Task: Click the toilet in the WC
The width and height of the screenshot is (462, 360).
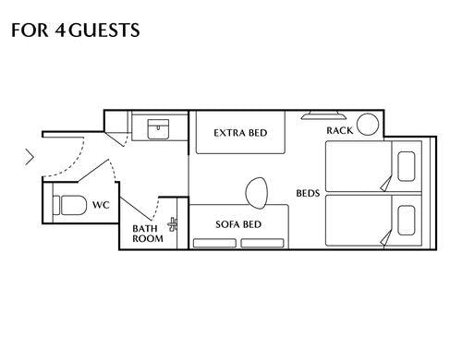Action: [x=69, y=205]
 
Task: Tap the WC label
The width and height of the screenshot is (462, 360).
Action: [x=101, y=205]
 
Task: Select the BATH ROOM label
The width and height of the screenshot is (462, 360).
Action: [x=148, y=234]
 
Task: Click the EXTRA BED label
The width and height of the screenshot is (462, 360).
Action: [x=240, y=133]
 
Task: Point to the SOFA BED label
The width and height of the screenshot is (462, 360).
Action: [x=238, y=224]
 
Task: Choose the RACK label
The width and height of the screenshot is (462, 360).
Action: [x=340, y=130]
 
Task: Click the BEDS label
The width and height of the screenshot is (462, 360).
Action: [x=308, y=193]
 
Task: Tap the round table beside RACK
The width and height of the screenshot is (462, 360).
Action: [x=368, y=125]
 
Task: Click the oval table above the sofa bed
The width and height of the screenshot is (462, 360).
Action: [x=256, y=193]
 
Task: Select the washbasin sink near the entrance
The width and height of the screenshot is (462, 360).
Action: [x=158, y=129]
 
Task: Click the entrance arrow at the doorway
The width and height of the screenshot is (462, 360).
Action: [x=30, y=157]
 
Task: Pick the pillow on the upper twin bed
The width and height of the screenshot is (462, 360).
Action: [x=407, y=166]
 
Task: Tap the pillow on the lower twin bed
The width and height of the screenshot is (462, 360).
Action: [x=407, y=221]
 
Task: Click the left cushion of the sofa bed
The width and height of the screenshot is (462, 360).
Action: [x=214, y=243]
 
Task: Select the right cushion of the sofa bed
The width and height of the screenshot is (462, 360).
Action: [x=262, y=243]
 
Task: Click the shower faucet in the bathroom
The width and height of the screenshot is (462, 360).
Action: [x=173, y=224]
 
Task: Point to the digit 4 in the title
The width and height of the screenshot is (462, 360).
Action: [x=61, y=30]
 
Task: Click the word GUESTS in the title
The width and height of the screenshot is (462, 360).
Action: [x=104, y=30]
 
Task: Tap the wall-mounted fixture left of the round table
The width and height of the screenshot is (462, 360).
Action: [x=323, y=114]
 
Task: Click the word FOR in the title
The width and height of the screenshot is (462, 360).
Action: [x=30, y=30]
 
